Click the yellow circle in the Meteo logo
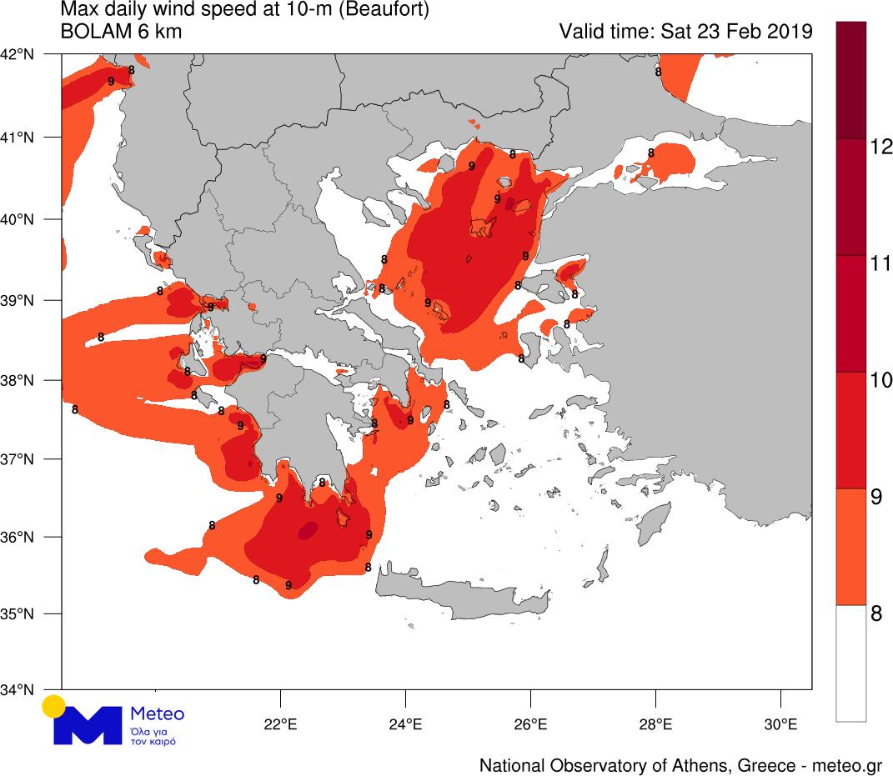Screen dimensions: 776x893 point(54,706)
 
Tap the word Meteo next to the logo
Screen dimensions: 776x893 point(158,714)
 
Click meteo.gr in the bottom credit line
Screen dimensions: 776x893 point(847,765)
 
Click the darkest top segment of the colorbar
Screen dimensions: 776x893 point(851,80)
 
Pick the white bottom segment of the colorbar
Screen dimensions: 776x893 point(851,663)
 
